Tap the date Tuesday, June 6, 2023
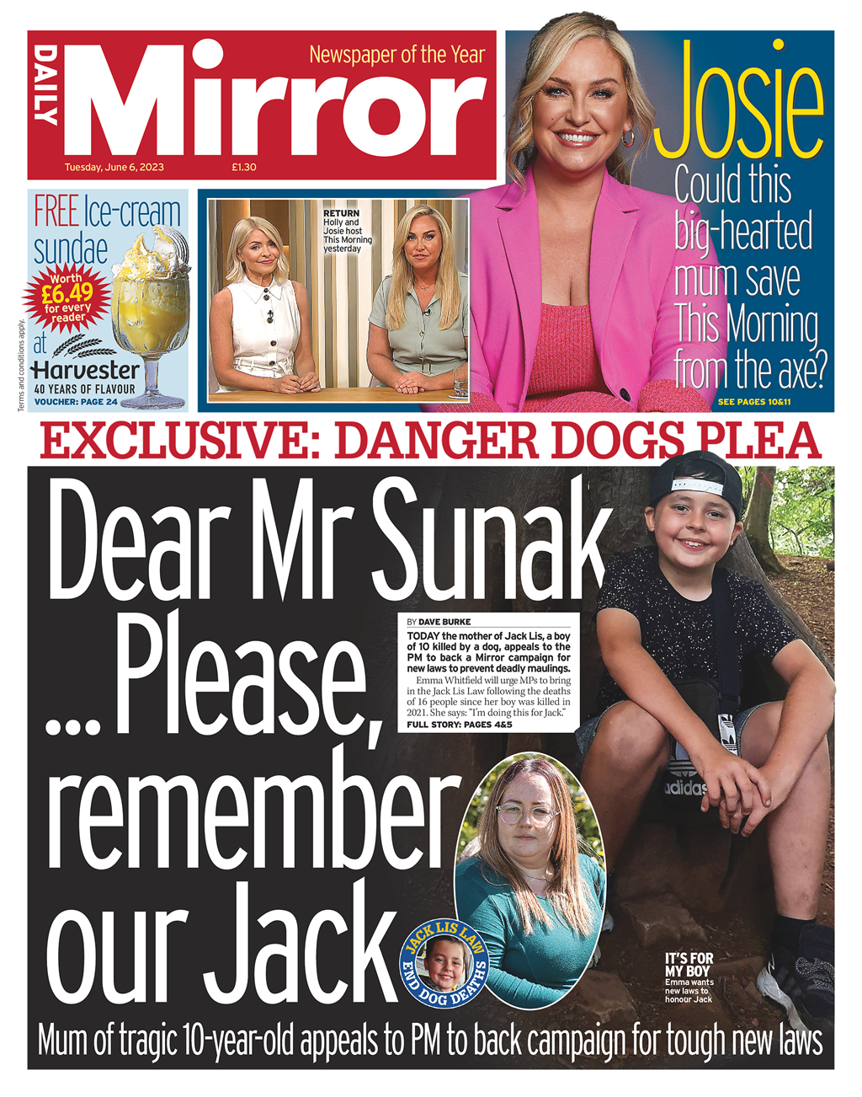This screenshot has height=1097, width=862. click(114, 167)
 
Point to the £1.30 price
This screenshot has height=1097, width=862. click(244, 167)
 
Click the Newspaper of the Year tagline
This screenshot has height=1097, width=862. click(396, 56)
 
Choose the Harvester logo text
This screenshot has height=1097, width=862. click(85, 370)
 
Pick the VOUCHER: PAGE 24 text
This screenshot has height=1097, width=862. click(76, 402)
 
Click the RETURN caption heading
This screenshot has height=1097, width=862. click(341, 214)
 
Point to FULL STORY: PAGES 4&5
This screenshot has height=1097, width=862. click(459, 725)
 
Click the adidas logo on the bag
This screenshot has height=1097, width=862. click(686, 788)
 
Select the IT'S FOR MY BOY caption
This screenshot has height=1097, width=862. click(689, 965)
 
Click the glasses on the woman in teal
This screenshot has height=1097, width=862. click(527, 815)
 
